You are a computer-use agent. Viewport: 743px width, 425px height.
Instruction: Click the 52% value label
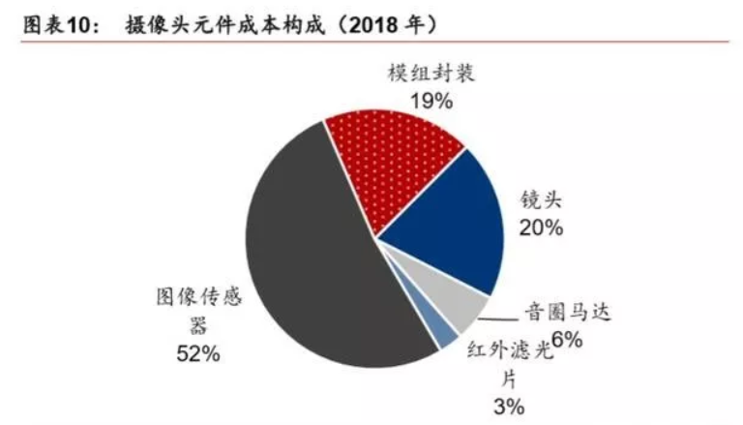point(197,354)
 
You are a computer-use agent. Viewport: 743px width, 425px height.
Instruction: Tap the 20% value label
point(542,228)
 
